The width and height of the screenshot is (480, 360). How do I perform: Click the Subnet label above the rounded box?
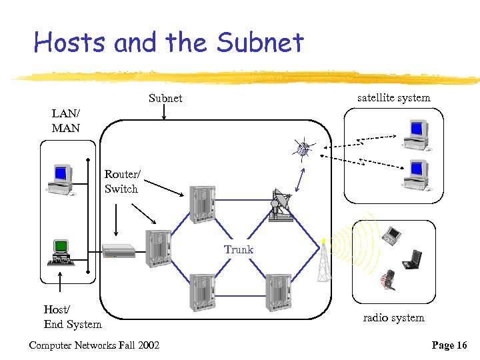click(x=165, y=98)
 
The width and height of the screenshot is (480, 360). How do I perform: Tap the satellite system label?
click(x=393, y=97)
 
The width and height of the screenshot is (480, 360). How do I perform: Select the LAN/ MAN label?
click(x=66, y=120)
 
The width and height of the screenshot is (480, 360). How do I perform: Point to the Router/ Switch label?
click(x=121, y=181)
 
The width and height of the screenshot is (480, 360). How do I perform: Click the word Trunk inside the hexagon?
click(x=238, y=249)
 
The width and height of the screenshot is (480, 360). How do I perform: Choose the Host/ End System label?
click(x=73, y=317)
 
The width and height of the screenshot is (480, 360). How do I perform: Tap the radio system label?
click(x=393, y=317)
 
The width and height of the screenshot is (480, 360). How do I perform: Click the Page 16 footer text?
click(x=449, y=345)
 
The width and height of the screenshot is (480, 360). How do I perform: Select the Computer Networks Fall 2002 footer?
click(x=94, y=345)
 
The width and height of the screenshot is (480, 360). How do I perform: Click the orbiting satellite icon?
click(x=304, y=149)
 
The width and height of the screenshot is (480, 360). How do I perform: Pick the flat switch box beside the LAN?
click(x=119, y=251)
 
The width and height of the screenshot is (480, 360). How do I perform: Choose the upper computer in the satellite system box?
click(x=415, y=133)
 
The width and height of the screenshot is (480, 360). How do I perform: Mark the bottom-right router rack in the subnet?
click(x=277, y=292)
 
